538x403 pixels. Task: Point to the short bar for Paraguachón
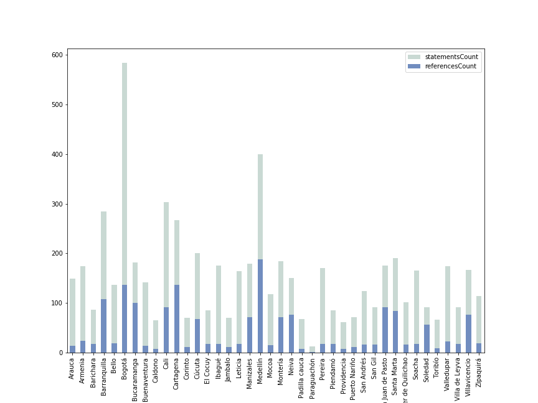[312, 350]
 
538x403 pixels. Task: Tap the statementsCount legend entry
[451, 57]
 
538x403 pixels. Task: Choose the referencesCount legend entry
[450, 66]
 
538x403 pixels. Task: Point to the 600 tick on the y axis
[57, 55]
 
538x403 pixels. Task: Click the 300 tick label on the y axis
[57, 204]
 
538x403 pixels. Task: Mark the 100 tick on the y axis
[57, 303]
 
